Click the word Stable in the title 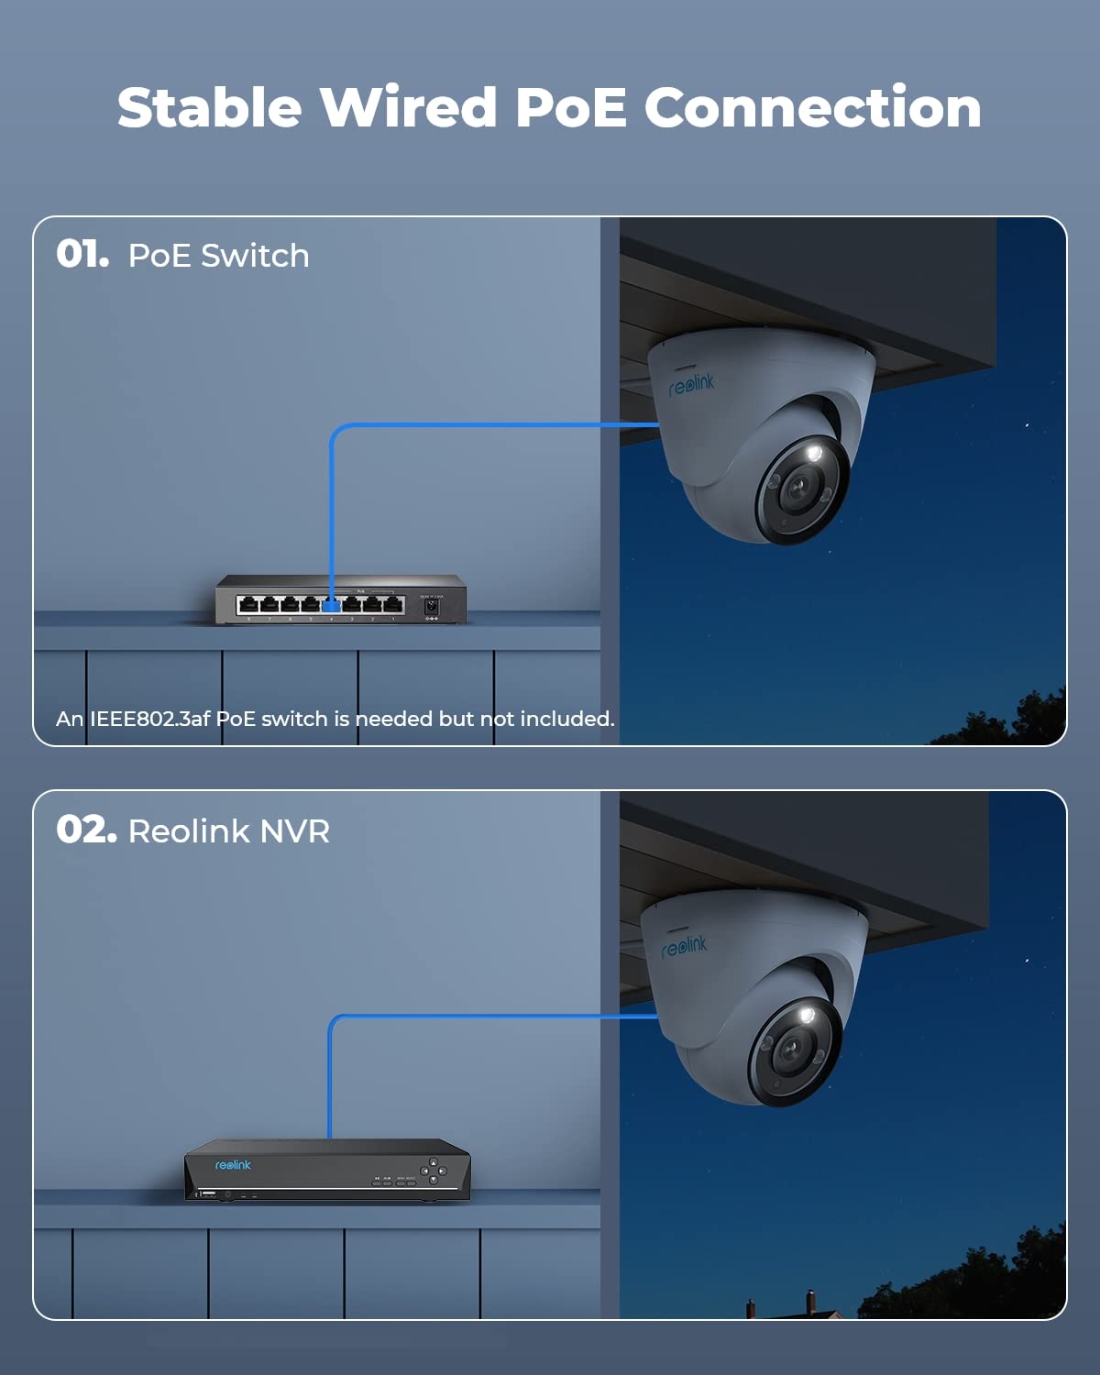209,107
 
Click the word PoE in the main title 570,107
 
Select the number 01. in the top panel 82,254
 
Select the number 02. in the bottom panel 86,830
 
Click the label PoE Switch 218,256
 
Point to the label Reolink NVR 229,831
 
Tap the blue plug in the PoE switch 332,605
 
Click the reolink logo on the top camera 691,383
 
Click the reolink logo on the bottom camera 684,946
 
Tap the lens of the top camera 797,489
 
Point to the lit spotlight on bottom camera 807,1015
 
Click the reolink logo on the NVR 233,1165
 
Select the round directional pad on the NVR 434,1171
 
